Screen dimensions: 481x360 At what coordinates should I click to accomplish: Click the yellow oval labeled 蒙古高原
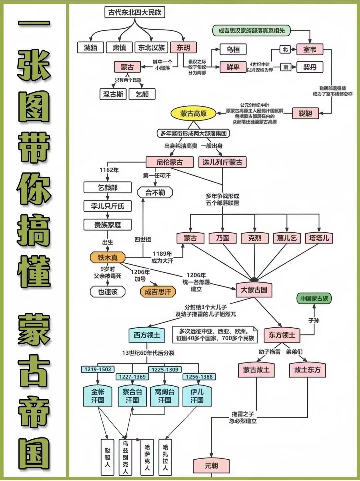(193, 114)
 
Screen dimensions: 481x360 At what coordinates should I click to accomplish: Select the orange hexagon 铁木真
(108, 258)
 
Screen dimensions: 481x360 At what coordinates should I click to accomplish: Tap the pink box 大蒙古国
(254, 290)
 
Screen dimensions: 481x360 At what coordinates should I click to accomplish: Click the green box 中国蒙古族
(314, 299)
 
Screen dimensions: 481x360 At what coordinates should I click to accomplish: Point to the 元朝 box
(211, 465)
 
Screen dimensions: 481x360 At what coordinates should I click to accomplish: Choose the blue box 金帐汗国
(98, 396)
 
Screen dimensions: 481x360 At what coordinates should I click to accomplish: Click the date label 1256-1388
(199, 377)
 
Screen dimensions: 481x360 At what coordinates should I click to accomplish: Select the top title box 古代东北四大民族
(135, 13)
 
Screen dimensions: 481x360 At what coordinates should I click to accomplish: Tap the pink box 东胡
(183, 48)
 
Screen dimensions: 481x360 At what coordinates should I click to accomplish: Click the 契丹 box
(310, 67)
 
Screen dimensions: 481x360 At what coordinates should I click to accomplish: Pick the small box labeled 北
(285, 50)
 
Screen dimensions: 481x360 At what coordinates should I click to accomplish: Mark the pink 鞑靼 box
(305, 113)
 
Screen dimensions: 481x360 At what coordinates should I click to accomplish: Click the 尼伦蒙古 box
(170, 162)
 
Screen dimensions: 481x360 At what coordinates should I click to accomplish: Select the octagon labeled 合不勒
(155, 193)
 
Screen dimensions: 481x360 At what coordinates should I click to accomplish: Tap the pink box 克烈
(255, 238)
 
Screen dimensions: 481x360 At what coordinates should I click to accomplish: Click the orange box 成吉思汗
(158, 292)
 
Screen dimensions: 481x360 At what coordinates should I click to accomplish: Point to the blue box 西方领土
(147, 335)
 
